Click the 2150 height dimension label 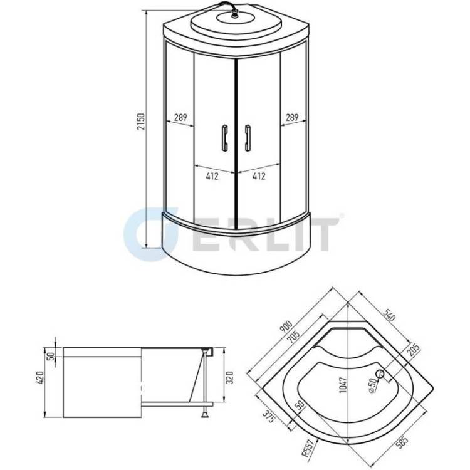(141, 122)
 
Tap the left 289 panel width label (180, 117)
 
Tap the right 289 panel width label (291, 117)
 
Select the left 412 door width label (212, 176)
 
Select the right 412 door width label (259, 176)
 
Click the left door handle (224, 138)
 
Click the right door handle (248, 138)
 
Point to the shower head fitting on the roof (234, 13)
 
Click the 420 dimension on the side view (41, 378)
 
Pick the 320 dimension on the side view (229, 378)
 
